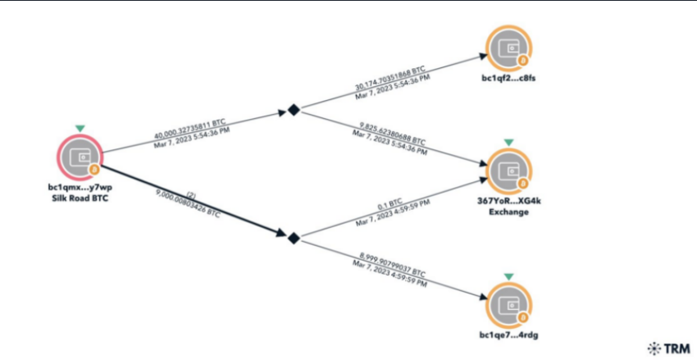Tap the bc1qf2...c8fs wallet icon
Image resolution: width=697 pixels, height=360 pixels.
pos(507,48)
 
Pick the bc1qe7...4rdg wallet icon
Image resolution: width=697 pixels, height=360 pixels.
pos(508,305)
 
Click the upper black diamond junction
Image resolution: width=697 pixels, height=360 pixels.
pos(293,109)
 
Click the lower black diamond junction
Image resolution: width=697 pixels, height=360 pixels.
pos(292,237)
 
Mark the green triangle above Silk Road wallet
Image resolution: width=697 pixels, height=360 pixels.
pos(80,128)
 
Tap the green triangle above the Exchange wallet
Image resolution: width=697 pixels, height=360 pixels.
pos(508,142)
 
